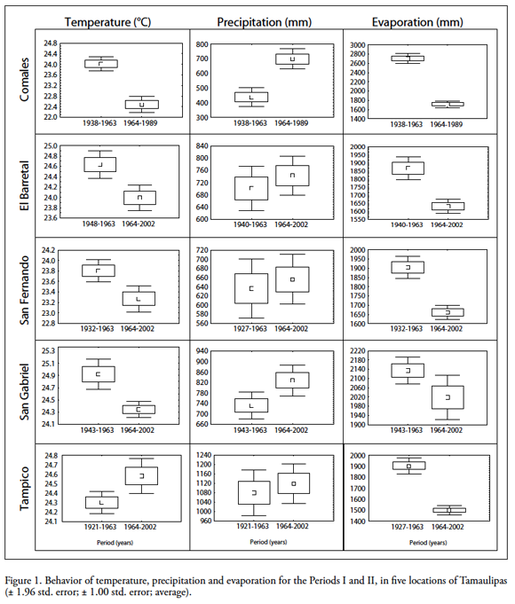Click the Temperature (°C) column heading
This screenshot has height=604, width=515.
click(107, 22)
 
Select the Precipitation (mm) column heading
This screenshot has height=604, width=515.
click(265, 22)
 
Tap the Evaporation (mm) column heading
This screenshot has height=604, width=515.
click(417, 22)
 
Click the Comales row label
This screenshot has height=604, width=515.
click(24, 80)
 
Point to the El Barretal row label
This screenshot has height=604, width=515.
click(24, 185)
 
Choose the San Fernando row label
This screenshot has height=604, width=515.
click(24, 290)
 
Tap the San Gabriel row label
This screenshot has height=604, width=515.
click(24, 392)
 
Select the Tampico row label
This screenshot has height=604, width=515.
click(24, 489)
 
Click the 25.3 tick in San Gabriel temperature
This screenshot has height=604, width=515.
click(48, 351)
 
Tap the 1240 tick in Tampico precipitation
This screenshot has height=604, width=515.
click(203, 455)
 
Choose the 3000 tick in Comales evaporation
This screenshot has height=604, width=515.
click(357, 45)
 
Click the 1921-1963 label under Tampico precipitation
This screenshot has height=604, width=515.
click(252, 526)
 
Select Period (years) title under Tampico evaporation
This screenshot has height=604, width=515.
click(428, 543)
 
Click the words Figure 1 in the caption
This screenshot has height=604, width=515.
click(22, 581)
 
